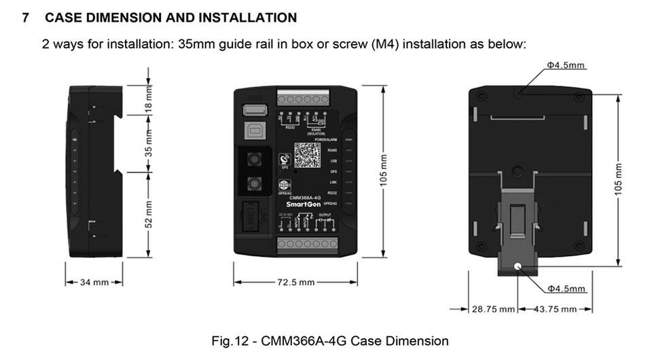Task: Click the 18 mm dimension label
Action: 149,98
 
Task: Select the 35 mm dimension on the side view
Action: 149,144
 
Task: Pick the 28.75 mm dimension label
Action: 493,309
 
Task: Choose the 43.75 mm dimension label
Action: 554,309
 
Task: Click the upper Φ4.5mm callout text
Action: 566,66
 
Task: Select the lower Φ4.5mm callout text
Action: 566,289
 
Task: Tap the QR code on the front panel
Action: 307,156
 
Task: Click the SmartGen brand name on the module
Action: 300,204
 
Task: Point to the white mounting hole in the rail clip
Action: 518,267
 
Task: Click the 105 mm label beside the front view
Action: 384,170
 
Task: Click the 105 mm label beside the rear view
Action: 619,179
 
